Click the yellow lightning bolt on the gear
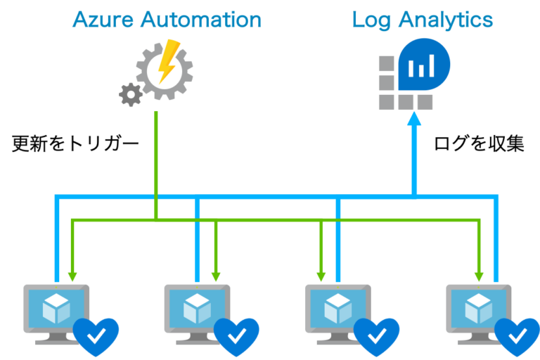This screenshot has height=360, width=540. pos(169,61)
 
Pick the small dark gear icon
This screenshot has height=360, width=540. pos(130,94)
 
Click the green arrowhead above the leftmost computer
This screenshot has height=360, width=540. pos(71,276)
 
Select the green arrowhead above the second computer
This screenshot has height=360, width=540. pos(216,276)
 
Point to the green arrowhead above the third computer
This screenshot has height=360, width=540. pos(321,276)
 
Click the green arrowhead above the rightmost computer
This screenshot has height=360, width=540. pos(480,276)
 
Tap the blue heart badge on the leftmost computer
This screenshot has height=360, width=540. pos(96,336)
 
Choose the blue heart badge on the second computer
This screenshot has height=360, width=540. pos(236,336)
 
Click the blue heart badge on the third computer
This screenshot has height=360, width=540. pos(377,336)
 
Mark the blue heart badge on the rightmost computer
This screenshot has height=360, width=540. pos(517,336)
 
